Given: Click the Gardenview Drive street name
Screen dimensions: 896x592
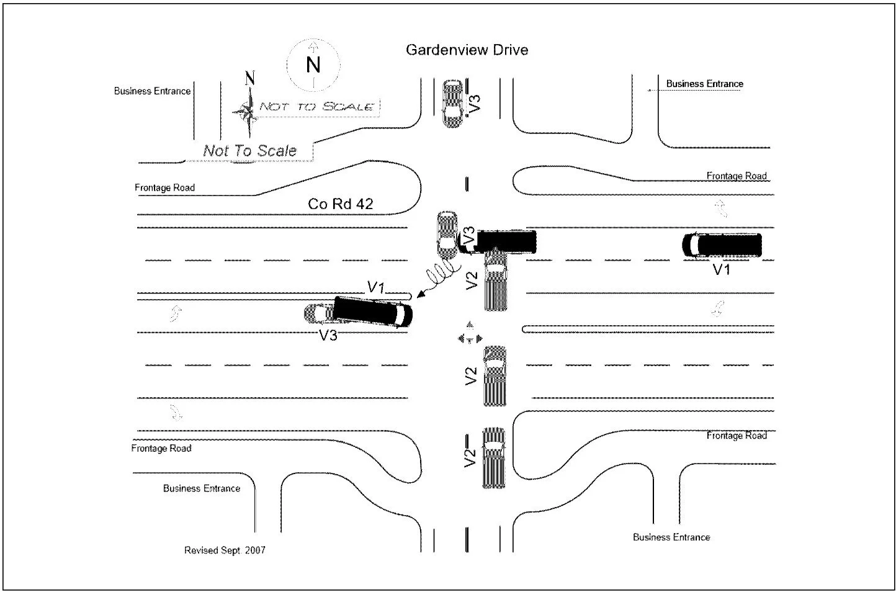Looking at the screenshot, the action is (467, 50).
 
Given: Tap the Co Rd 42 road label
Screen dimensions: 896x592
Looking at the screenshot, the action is (341, 204).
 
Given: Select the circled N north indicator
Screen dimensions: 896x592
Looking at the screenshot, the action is (313, 65).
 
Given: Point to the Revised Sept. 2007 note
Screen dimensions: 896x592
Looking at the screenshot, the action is (225, 550).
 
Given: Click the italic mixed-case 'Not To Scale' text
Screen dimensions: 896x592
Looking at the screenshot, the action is (249, 151).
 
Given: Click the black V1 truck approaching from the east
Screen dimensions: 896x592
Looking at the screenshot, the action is (722, 244).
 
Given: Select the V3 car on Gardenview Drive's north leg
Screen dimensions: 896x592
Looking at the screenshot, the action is (452, 104).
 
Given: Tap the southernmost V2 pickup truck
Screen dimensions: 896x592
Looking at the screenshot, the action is (494, 458).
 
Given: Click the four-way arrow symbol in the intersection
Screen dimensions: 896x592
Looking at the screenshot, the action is (470, 333).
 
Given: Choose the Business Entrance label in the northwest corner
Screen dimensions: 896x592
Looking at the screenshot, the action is (153, 91).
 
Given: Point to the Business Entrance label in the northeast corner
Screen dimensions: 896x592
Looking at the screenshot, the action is (704, 84).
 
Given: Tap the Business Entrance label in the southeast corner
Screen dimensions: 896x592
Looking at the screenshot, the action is (671, 537).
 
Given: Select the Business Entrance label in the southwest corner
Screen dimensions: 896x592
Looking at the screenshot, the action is (202, 488).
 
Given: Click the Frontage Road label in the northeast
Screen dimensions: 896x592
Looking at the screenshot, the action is (737, 176).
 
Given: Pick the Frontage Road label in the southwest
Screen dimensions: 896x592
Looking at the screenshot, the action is (161, 449).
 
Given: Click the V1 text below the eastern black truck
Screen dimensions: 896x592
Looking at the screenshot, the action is (722, 270).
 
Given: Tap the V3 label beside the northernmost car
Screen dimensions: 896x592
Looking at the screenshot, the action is (475, 104).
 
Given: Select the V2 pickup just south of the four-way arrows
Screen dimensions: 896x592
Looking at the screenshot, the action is (495, 376).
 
